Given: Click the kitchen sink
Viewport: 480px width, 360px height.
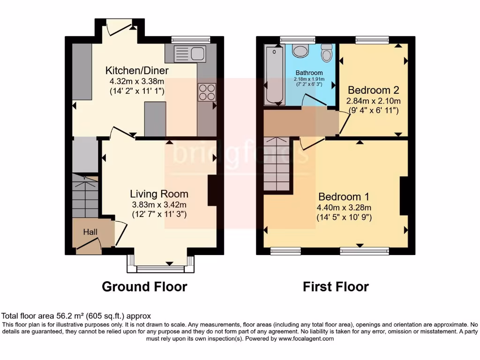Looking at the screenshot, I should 190,53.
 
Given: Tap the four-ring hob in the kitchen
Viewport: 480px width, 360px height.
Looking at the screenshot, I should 207,91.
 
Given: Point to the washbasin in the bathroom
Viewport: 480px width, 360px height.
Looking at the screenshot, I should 300,50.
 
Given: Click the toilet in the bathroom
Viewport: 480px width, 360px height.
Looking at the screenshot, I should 327,53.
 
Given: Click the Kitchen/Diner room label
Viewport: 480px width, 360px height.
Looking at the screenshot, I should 136,71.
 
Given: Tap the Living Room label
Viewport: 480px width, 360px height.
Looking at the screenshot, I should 159,194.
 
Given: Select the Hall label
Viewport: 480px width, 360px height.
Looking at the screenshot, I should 90,232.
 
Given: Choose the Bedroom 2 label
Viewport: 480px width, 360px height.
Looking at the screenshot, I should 369,90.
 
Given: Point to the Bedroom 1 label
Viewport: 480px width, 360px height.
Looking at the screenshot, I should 340,196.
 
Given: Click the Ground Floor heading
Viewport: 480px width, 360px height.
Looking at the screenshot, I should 144,286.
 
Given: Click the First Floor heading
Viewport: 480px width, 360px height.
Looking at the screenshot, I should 336,286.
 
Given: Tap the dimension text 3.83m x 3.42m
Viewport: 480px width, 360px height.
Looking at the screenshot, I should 159,204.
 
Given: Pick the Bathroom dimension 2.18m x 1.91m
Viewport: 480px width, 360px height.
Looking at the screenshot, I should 309,79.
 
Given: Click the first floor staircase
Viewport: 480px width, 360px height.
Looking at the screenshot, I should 277,164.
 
